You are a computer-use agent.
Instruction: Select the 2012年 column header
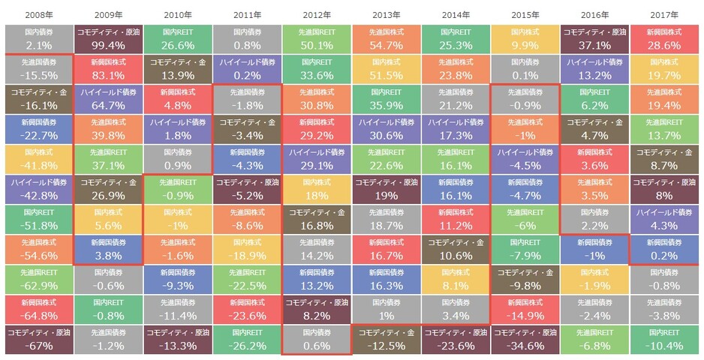[x=316, y=13]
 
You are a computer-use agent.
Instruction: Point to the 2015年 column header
[x=525, y=13]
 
